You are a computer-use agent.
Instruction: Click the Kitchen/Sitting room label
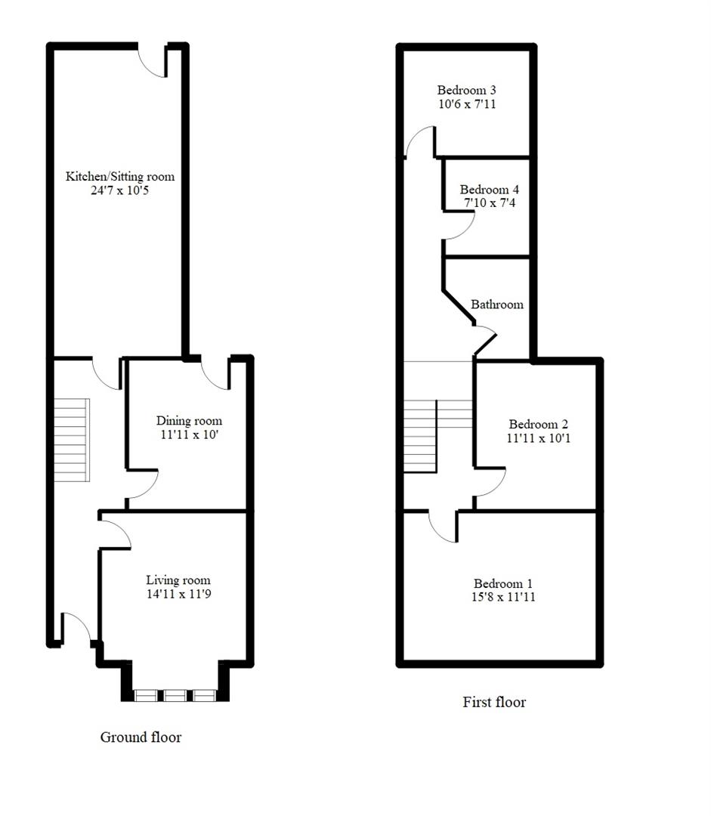pos(120,177)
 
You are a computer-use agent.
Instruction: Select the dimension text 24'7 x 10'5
pos(120,191)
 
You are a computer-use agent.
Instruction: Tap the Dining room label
pos(189,421)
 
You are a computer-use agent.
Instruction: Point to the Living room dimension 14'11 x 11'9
pos(178,595)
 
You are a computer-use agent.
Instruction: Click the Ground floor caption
pos(141,737)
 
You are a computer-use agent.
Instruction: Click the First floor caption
pos(494,702)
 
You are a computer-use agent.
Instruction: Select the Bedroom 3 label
pos(466,91)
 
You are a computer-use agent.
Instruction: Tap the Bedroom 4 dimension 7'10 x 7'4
pos(490,204)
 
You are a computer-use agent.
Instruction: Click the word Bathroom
pos(497,304)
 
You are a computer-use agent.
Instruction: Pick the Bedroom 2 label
pos(538,424)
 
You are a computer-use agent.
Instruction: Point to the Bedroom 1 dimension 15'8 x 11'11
pos(503,598)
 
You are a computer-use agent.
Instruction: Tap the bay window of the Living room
pos(175,695)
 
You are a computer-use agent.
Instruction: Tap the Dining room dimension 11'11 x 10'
pos(189,435)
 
